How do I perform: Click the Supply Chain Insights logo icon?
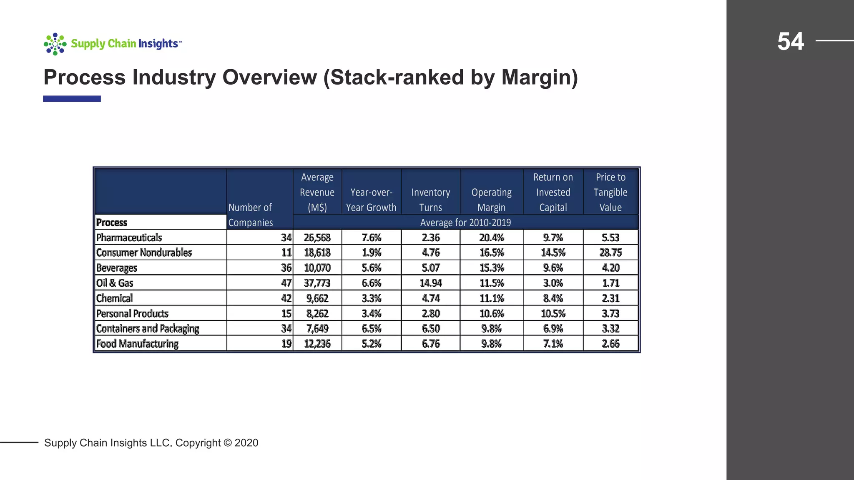click(x=55, y=44)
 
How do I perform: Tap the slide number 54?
click(x=790, y=42)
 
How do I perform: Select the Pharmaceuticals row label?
click(x=129, y=237)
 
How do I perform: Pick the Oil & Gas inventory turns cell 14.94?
click(x=430, y=283)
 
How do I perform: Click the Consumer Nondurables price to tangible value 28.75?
click(x=610, y=253)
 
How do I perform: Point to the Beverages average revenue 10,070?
click(x=317, y=268)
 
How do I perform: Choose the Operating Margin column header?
click(x=491, y=200)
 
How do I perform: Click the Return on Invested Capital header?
click(x=553, y=192)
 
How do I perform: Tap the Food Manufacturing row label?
click(x=137, y=344)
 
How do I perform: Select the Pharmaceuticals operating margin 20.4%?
click(x=491, y=237)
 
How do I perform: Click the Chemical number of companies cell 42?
click(x=286, y=298)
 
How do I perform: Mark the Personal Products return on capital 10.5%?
click(x=553, y=313)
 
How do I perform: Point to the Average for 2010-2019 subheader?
click(x=465, y=222)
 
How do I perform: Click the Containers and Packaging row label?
click(x=148, y=329)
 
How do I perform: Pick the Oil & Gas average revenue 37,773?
click(x=317, y=283)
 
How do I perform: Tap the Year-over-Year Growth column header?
click(x=371, y=200)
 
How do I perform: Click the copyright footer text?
click(x=151, y=442)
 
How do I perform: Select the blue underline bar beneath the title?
click(x=72, y=99)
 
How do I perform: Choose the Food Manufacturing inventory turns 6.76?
click(x=430, y=344)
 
